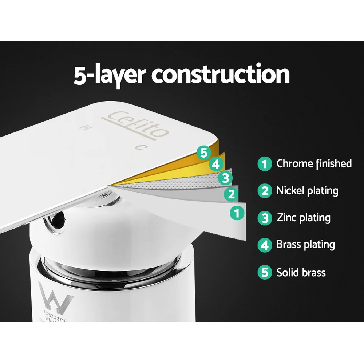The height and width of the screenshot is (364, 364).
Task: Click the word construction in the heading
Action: point(221,74)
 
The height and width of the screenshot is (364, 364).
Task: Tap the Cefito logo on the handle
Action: point(139,124)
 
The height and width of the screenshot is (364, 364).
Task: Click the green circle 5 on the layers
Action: point(203,152)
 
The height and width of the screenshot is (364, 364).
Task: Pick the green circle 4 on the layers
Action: point(216,165)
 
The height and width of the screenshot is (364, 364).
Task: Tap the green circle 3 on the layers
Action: point(225,178)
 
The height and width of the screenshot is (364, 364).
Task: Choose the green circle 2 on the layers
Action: point(231,194)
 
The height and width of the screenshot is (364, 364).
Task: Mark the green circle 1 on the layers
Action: point(237,213)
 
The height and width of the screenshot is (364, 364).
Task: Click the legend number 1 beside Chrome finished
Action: point(265,164)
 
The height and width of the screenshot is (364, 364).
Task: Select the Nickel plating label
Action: point(307,190)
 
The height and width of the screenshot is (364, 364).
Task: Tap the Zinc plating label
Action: point(304,218)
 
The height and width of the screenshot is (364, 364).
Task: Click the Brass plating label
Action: point(305,244)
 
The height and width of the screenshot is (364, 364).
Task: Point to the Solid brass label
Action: point(301,272)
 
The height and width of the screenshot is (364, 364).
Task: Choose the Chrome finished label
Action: point(314,163)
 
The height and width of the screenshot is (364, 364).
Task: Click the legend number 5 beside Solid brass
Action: point(265,273)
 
